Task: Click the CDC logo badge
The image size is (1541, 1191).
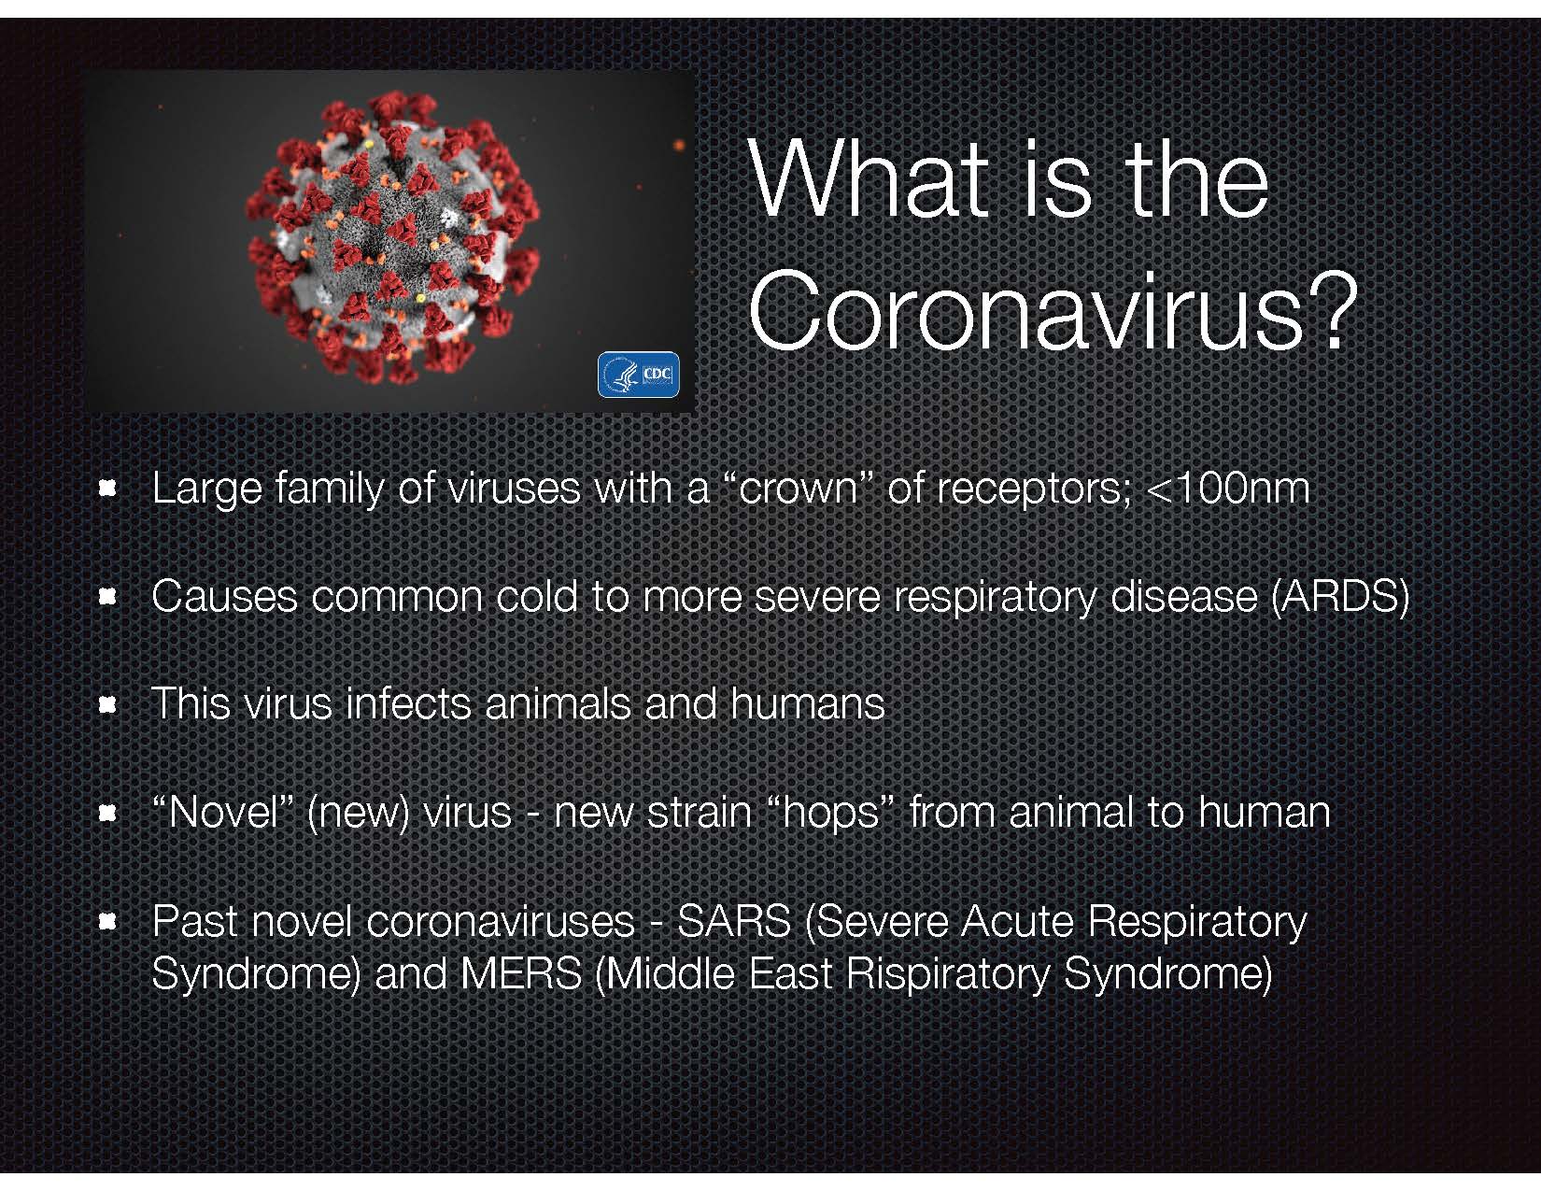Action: pyautogui.click(x=638, y=374)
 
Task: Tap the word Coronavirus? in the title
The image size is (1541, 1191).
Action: pyautogui.click(x=1052, y=311)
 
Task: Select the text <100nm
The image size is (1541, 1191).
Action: pyautogui.click(x=1227, y=488)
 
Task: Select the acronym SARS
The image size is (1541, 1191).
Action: pyautogui.click(x=734, y=921)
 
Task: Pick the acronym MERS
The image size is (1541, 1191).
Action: pyautogui.click(x=521, y=974)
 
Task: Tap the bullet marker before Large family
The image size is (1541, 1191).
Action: pyautogui.click(x=107, y=489)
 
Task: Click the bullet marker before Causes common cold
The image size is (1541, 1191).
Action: pyautogui.click(x=107, y=597)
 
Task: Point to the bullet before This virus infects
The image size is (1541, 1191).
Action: pyautogui.click(x=107, y=705)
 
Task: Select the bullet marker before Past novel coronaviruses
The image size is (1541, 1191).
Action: pyautogui.click(x=107, y=921)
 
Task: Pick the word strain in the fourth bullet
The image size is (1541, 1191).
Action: pyautogui.click(x=699, y=812)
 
